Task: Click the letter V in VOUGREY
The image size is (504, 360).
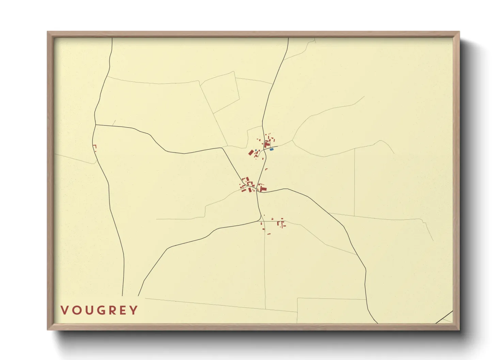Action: pyautogui.click(x=64, y=310)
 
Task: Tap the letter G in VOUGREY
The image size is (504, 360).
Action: pyautogui.click(x=98, y=310)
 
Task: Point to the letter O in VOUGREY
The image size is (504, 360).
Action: pyautogui.click(x=75, y=310)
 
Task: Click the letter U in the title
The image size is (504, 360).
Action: pyautogui.click(x=87, y=310)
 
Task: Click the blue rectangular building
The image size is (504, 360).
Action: pyautogui.click(x=271, y=149)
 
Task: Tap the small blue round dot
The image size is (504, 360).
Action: pyautogui.click(x=256, y=150)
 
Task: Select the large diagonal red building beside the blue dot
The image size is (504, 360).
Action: pyautogui.click(x=252, y=152)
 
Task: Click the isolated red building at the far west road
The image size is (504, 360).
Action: pyautogui.click(x=95, y=147)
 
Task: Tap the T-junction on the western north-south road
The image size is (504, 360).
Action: pyautogui.click(x=95, y=125)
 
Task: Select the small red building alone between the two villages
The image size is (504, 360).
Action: pyautogui.click(x=266, y=169)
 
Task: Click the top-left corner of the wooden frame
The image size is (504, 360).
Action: pyautogui.click(x=48, y=32)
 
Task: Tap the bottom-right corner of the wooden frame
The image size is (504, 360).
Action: pyautogui.click(x=459, y=329)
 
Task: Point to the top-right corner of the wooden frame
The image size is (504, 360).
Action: pyautogui.click(x=459, y=32)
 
